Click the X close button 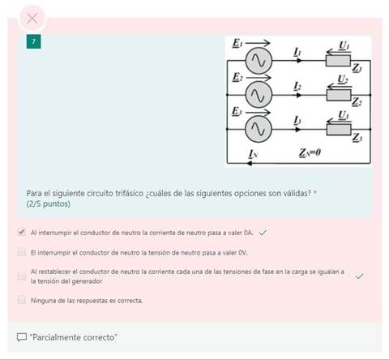pyautogui.click(x=32, y=17)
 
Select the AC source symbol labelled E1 pyautogui.click(x=259, y=60)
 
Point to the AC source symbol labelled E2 pyautogui.click(x=259, y=94)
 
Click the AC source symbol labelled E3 pyautogui.click(x=259, y=128)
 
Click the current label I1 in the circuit pyautogui.click(x=297, y=52)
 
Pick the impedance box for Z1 pyautogui.click(x=338, y=60)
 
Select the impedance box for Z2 pyautogui.click(x=338, y=94)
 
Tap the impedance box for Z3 pyautogui.click(x=338, y=128)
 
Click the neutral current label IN pyautogui.click(x=252, y=153)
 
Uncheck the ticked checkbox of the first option pyautogui.click(x=21, y=232)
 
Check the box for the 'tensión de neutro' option pyautogui.click(x=21, y=252)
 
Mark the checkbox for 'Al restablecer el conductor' pyautogui.click(x=21, y=276)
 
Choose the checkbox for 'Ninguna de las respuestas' pyautogui.click(x=21, y=299)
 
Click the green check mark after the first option pyautogui.click(x=263, y=232)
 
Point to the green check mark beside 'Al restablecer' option pyautogui.click(x=360, y=276)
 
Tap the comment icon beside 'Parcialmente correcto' pyautogui.click(x=21, y=336)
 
